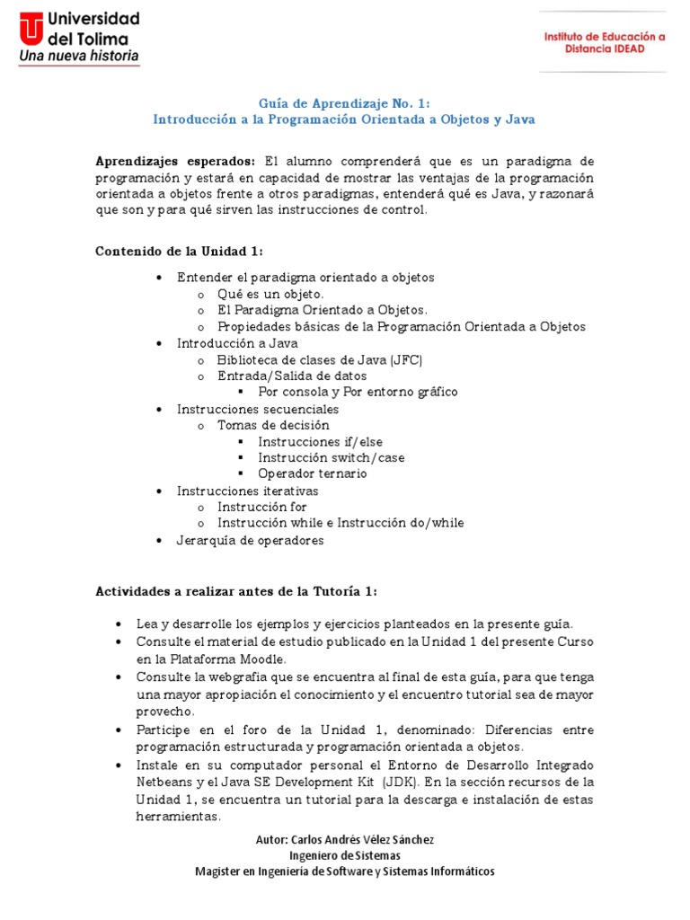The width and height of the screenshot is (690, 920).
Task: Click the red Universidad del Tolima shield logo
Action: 31,27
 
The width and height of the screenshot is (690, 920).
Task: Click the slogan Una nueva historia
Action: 79,56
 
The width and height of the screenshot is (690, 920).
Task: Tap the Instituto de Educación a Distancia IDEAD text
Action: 605,42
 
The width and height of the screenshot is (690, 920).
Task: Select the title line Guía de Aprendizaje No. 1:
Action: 344,102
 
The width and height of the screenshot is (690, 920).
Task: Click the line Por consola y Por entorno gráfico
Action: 358,392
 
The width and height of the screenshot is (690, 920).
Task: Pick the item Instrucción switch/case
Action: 331,457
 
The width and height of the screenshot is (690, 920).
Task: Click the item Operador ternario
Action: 312,473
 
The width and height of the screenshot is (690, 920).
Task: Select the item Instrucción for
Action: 261,507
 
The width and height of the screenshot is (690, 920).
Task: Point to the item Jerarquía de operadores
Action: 250,540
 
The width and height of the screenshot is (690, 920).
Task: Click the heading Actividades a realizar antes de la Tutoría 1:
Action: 236,591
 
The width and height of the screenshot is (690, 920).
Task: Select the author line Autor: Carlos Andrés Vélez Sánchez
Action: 344,839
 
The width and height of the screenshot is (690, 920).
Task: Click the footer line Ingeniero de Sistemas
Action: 344,855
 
